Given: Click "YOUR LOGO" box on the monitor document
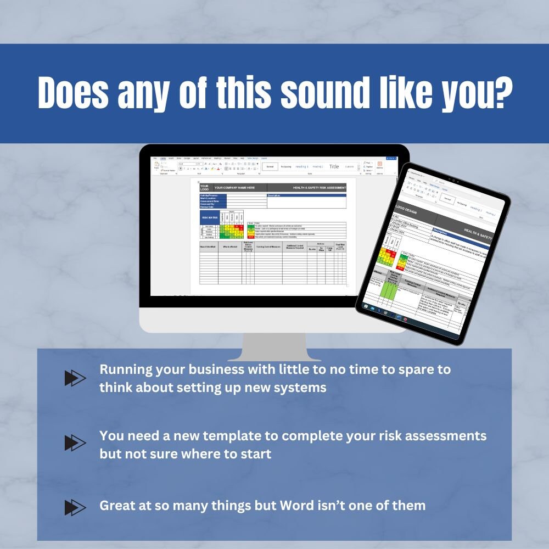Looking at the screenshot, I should pyautogui.click(x=205, y=188).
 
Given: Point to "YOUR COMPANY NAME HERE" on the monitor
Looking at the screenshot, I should pyautogui.click(x=234, y=188).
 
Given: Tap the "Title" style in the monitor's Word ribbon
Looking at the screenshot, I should pyautogui.click(x=334, y=166).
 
